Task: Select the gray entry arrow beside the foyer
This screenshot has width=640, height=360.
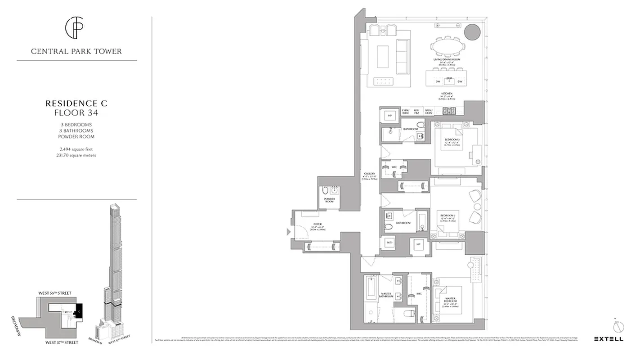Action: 288,232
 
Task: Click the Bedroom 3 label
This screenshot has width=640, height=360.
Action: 451,139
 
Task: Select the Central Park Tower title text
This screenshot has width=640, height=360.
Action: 76,51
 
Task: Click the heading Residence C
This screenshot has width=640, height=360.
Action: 76,104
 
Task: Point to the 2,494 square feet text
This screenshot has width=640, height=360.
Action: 76,149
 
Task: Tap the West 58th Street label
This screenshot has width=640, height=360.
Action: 55,293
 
